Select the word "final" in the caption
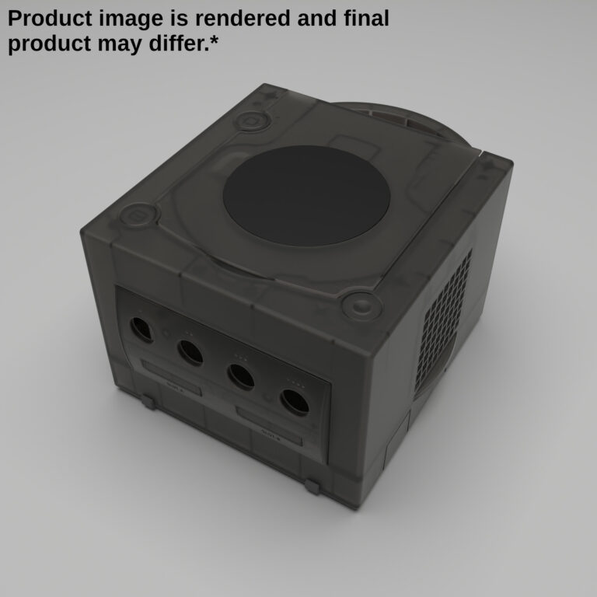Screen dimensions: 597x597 366,19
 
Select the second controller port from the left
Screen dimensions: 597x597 190,351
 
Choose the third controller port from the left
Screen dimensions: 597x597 241,375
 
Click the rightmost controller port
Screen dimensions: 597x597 295,400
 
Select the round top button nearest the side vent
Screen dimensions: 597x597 361,305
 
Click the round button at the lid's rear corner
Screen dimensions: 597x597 253,120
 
